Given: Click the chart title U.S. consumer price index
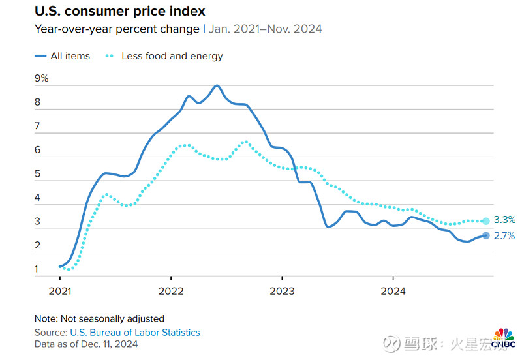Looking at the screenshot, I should (x=119, y=11).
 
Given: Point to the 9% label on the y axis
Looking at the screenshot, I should (x=42, y=78).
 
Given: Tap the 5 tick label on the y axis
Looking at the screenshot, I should (x=38, y=174).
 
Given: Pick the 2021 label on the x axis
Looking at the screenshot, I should (x=59, y=291).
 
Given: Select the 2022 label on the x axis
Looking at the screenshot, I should (x=170, y=291).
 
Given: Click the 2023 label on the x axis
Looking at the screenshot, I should (x=282, y=291).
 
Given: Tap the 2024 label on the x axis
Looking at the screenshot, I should (x=393, y=291).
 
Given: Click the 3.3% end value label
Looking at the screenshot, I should (x=503, y=221).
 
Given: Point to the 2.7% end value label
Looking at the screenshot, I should (x=503, y=235).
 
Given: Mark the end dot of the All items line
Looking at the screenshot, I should (x=485, y=235).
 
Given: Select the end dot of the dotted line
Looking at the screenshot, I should (x=485, y=221).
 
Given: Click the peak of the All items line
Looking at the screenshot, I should (x=217, y=85).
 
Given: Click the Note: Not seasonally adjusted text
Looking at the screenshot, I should (x=99, y=319).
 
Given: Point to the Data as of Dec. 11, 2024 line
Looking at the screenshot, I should (x=87, y=345).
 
